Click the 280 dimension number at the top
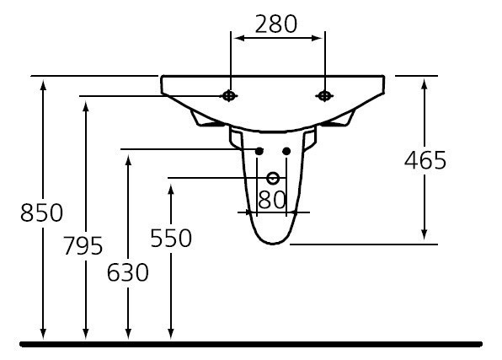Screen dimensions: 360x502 pos(277,24)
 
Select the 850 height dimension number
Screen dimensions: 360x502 pos(41,213)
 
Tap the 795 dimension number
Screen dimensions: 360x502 pos(83,246)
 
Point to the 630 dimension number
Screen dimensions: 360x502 pos(128,272)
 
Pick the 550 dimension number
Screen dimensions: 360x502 pos(171,239)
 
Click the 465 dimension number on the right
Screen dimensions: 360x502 pos(425,160)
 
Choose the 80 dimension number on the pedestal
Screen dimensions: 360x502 pos(272,200)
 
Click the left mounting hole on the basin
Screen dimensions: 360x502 pos(229,96)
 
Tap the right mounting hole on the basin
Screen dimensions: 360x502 pos(323,96)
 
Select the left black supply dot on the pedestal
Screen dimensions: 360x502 pos(259,151)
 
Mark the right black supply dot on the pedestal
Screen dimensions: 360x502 pos(286,151)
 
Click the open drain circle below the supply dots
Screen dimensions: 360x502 pos(272,178)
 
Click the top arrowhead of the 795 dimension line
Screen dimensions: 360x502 pos(85,103)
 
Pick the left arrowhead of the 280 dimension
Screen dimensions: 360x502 pos(236,38)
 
